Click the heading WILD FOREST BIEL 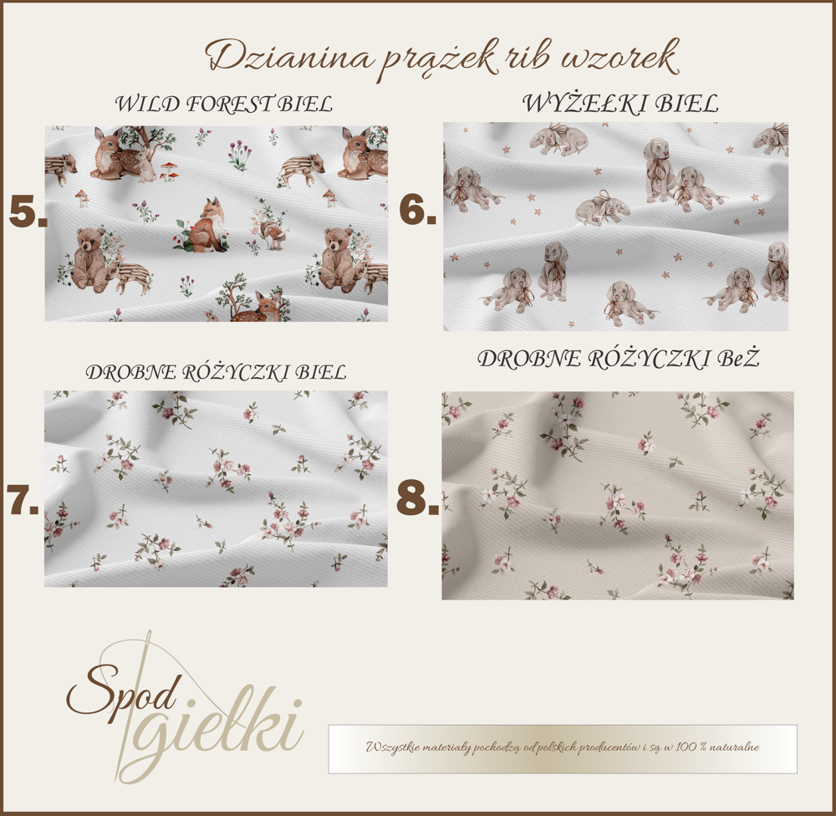click(x=224, y=104)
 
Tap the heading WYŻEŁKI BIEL click(x=620, y=104)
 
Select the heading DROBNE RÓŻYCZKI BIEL click(x=216, y=372)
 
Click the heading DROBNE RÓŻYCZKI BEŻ click(x=618, y=359)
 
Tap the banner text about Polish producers click(x=562, y=747)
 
